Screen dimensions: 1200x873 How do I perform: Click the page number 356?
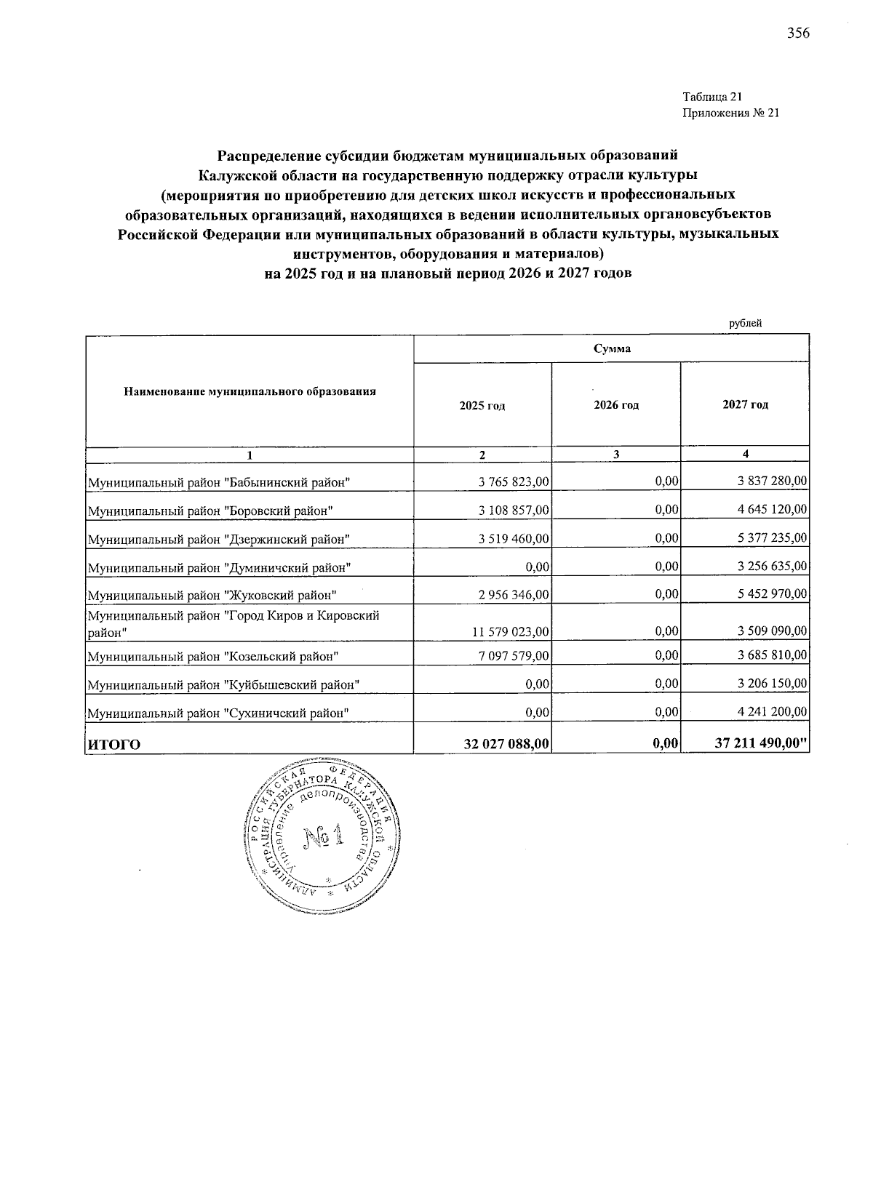pos(798,33)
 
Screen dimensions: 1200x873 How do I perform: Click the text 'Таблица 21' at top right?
pos(711,97)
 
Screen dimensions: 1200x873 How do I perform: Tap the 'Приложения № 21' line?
pos(730,113)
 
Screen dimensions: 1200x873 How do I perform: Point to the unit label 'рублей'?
pos(745,324)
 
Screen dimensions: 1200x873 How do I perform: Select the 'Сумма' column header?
pos(611,349)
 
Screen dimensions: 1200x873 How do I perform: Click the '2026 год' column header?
pos(616,405)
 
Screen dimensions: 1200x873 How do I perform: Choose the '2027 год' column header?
pos(745,404)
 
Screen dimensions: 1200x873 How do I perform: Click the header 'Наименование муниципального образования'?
pos(250,391)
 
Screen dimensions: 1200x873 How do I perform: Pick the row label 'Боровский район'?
pos(211,511)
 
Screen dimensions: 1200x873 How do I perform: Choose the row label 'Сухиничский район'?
pos(219,713)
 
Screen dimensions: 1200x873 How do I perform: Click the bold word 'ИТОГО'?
pos(114,744)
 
